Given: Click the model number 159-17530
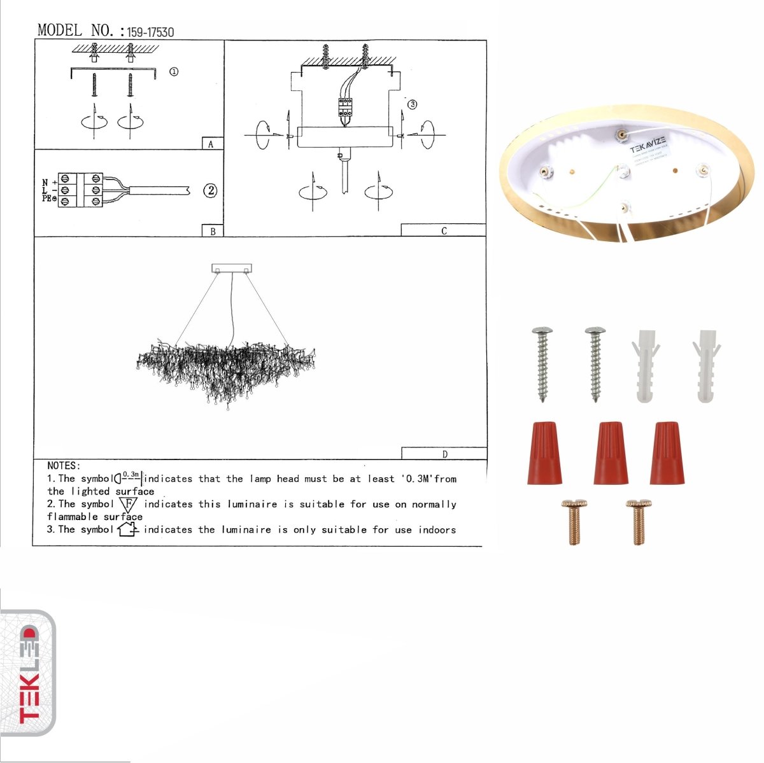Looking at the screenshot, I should tap(150, 32).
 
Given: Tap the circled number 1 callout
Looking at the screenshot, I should tap(173, 71).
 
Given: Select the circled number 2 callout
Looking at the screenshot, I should tap(210, 190).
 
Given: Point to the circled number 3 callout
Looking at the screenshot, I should tap(412, 104).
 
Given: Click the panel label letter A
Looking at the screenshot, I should tap(211, 144).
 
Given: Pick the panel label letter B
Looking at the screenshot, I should tap(213, 232).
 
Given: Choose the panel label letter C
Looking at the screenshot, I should tap(444, 231).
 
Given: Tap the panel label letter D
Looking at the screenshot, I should tap(444, 454).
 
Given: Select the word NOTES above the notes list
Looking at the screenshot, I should tap(64, 466).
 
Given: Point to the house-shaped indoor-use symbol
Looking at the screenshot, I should tap(128, 529).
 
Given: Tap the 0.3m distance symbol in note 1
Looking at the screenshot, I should tap(129, 477).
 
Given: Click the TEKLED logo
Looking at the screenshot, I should tap(28, 673).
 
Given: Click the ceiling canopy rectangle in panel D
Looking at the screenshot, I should tap(232, 268).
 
